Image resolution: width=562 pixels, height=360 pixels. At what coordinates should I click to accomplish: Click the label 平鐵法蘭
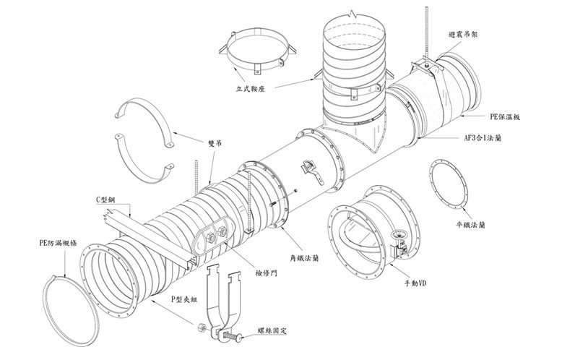click(470, 225)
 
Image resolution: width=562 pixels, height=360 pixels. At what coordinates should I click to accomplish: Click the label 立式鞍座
click(252, 89)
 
